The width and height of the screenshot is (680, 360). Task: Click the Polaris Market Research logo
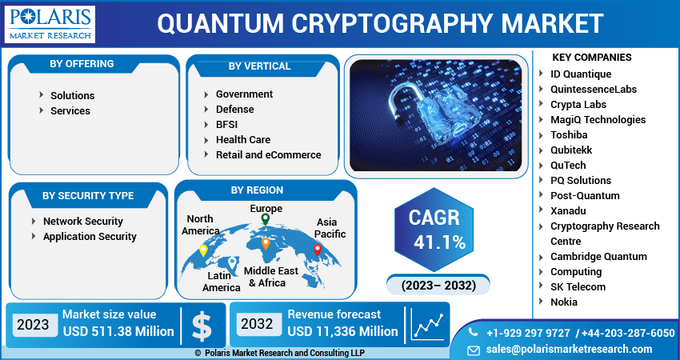[50, 24]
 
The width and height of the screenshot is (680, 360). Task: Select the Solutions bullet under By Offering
[72, 95]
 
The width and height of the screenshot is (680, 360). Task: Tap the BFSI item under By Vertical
[226, 124]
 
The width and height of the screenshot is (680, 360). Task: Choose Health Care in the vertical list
[242, 139]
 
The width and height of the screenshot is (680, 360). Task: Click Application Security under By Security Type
[90, 236]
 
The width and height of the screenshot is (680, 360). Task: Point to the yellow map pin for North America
[203, 250]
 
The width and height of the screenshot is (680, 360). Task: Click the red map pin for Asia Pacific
[317, 250]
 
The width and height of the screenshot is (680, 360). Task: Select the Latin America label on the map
[221, 281]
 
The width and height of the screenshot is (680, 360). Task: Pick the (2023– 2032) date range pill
[439, 285]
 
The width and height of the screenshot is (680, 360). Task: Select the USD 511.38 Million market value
[118, 331]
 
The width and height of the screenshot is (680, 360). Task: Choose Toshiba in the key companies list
[568, 134]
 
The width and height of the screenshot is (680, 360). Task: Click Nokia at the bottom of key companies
[563, 302]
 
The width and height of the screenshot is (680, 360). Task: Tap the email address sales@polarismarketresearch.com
[570, 349]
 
